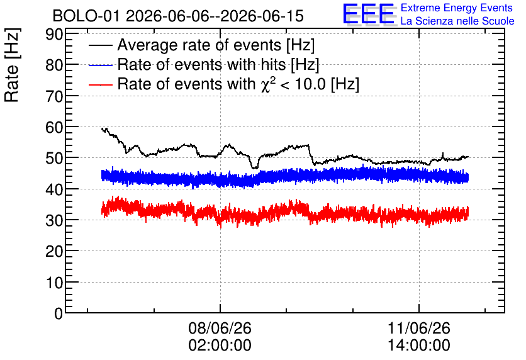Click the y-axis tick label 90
[x=54, y=34]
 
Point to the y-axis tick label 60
[x=54, y=128]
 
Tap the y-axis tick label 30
[x=54, y=220]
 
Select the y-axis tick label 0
[x=59, y=313]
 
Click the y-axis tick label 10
[x=54, y=283]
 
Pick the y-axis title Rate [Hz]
[x=12, y=65]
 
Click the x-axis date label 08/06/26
[x=220, y=328]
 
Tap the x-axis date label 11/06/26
[x=419, y=328]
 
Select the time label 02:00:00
[x=220, y=346]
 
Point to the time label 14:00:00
[x=419, y=346]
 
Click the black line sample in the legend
[x=100, y=45]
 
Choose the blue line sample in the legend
[x=100, y=65]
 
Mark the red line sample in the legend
[x=100, y=84]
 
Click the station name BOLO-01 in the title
[x=86, y=16]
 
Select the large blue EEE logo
[x=369, y=14]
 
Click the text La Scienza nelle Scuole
[x=457, y=21]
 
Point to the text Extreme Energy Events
[x=457, y=8]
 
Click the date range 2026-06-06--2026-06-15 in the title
[x=215, y=16]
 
